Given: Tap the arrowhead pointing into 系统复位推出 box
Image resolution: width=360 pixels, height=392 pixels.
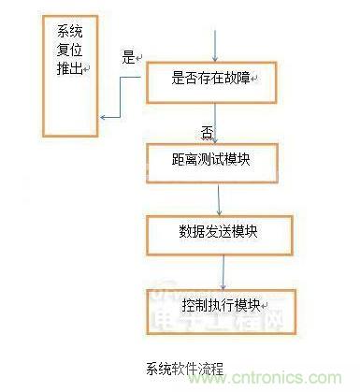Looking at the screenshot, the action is coord(106,117).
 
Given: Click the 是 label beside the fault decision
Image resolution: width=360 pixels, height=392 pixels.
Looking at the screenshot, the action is coord(128,57).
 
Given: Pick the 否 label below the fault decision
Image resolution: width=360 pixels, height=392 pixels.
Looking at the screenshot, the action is coord(208,129).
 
